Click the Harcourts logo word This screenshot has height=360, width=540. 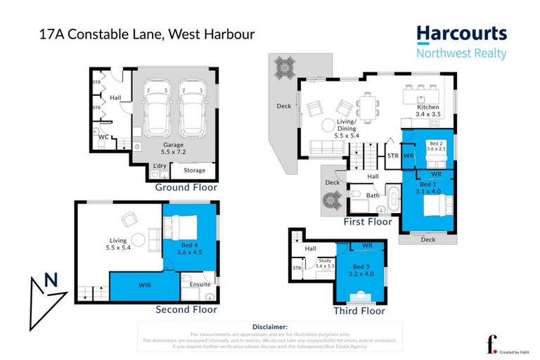tap(461, 33)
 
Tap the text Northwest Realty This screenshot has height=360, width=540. tap(461, 53)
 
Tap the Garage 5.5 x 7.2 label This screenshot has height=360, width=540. tap(174, 148)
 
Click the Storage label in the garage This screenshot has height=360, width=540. tap(195, 170)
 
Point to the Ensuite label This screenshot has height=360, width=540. tap(200, 284)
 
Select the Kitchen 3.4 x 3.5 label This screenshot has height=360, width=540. tap(427, 110)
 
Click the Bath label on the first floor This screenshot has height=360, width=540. tap(373, 196)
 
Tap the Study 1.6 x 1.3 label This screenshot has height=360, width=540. tap(324, 264)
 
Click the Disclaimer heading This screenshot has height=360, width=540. tap(269, 327)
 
